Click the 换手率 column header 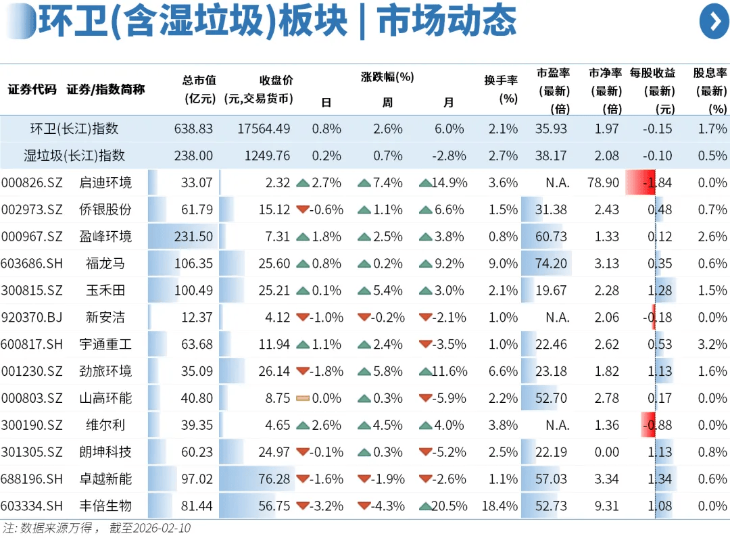(x=500, y=89)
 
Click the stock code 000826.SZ (x=32, y=182)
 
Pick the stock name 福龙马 (x=105, y=264)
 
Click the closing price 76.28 (x=274, y=479)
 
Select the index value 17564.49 (x=264, y=128)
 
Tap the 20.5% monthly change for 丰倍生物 (x=448, y=506)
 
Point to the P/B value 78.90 (x=603, y=182)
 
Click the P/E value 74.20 (x=551, y=264)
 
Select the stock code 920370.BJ (x=32, y=318)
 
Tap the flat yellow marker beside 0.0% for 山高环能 (x=302, y=399)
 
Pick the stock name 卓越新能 (x=105, y=479)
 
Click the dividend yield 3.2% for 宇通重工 (x=712, y=345)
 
